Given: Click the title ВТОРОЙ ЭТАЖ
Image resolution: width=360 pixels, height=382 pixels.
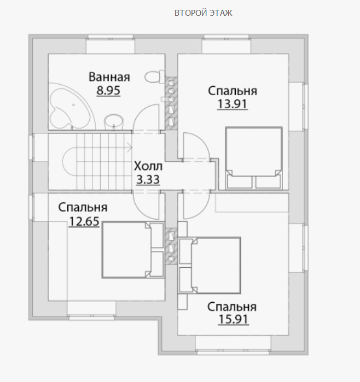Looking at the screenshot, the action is pos(203,13).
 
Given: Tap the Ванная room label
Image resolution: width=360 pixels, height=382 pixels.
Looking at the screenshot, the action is pos(109,77).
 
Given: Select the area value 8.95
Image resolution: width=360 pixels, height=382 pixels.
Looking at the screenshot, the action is pos(108,90).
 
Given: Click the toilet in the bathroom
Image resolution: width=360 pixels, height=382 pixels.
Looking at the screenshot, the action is pos(155,77).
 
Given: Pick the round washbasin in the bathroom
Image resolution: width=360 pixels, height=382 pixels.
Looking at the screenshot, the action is pos(114,121).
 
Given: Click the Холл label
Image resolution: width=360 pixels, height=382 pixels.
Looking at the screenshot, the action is pos(148,166).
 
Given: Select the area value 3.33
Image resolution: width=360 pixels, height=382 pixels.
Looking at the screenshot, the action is pos(148,180).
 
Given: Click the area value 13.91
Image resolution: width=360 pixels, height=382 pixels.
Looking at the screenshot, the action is pos(232,104).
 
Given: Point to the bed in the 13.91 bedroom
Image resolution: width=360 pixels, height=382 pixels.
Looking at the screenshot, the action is pos(254,158).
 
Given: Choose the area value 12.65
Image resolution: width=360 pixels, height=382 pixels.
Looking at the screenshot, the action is pos(84,221).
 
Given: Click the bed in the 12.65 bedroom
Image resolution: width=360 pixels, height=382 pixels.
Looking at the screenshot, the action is pos(133,250).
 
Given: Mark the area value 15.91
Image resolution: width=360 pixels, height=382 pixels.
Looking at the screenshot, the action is pos(234,319).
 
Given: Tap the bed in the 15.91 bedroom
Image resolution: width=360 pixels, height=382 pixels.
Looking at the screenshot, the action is pos(210,265).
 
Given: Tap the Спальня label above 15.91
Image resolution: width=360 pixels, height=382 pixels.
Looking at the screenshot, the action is pos(232,307).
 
